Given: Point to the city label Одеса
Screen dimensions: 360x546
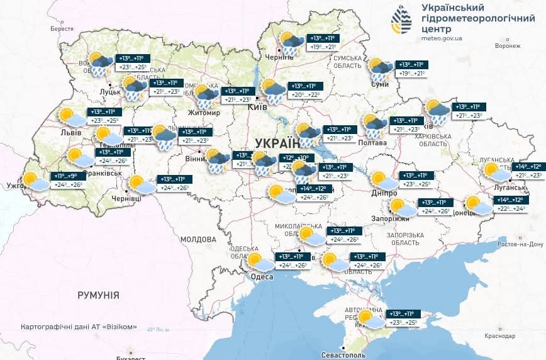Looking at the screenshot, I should [261, 277].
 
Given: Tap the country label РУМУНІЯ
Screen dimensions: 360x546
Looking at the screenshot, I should [98, 295].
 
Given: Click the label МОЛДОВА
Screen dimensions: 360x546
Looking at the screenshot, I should [198, 240].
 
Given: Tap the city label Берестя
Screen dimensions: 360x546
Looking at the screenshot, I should [62, 29].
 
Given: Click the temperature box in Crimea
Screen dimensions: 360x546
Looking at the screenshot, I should [403, 318].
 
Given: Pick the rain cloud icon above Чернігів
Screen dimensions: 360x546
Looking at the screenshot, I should [291, 43].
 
